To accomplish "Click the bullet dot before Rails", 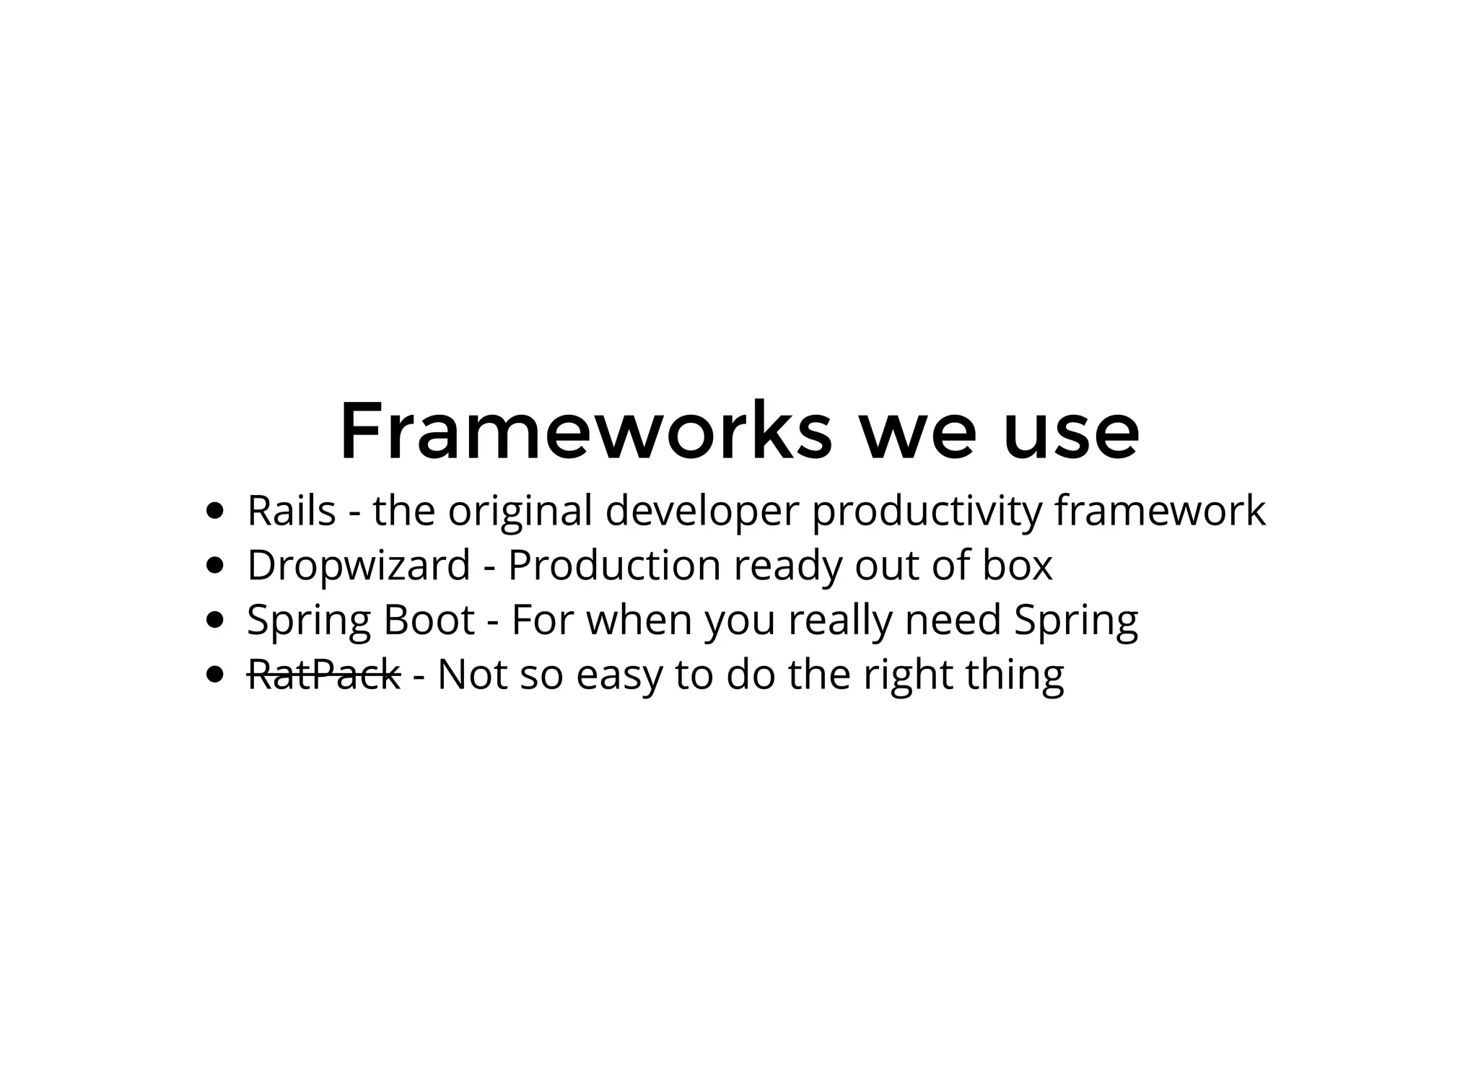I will (214, 511).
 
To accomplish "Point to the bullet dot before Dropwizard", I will (214, 565).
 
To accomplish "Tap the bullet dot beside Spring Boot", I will (214, 619).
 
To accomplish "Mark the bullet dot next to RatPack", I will (214, 674).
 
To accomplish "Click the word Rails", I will (292, 511).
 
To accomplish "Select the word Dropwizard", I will (359, 565).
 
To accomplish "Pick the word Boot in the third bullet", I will (429, 619).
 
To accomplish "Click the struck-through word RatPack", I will (324, 674).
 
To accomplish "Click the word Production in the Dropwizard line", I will (614, 565).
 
